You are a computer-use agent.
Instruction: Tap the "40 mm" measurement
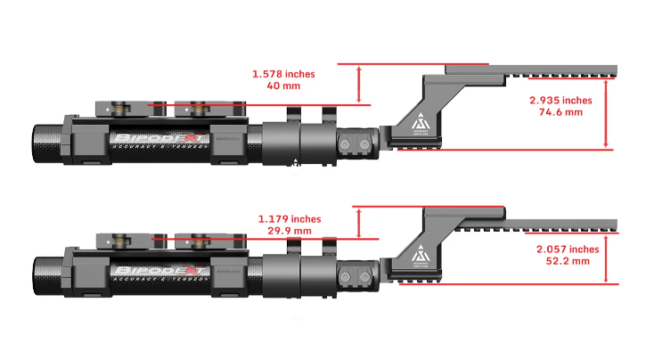(x=284, y=87)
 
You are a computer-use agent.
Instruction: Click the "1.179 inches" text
(x=289, y=218)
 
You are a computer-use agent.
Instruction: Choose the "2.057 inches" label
(x=568, y=250)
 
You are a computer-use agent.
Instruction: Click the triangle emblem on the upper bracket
(x=420, y=123)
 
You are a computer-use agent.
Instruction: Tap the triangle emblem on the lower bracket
(x=420, y=254)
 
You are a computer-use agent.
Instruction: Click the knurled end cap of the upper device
(x=49, y=143)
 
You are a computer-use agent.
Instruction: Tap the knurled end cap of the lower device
(x=49, y=273)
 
